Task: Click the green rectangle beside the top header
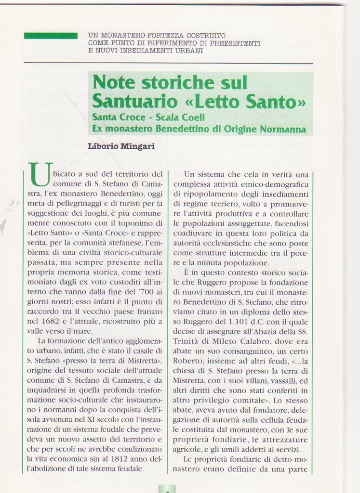[x=51, y=36]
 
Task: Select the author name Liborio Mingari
[x=121, y=146]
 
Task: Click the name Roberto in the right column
[x=187, y=361]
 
